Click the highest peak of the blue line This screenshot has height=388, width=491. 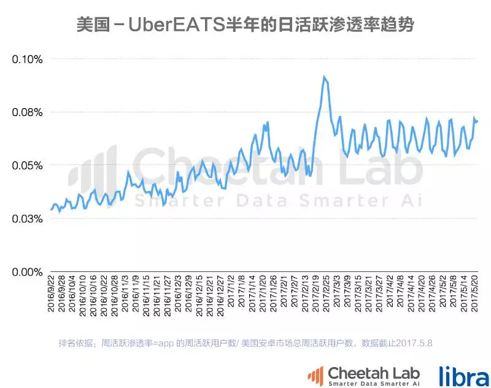tap(324, 77)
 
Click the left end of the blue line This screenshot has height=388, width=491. tap(52, 209)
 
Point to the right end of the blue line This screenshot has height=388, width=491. tap(477, 120)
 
